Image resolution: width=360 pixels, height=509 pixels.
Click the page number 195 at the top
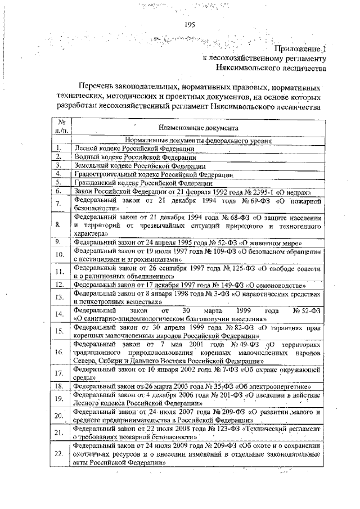[189, 24]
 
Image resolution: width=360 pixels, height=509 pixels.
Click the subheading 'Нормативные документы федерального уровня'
[200, 141]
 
